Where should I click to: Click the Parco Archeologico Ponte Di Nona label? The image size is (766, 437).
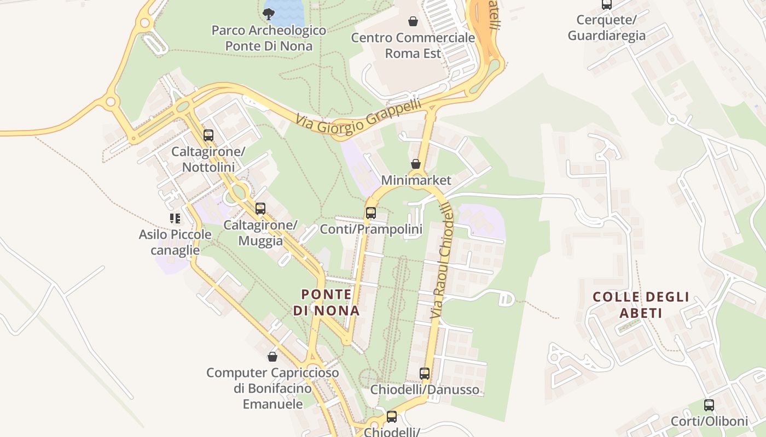[x=269, y=38]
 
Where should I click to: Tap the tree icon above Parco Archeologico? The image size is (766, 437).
[x=269, y=13]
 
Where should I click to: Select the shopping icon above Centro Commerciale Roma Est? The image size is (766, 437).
[x=413, y=21]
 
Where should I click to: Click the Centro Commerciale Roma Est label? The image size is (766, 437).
[x=413, y=45]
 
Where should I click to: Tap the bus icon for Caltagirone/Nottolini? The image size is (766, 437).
[x=208, y=135]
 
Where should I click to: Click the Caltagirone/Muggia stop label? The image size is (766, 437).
[x=260, y=233]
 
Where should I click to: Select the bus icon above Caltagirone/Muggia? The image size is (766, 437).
[x=260, y=208]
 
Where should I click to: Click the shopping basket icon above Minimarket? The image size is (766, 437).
[x=416, y=164]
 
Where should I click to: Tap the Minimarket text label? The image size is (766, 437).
[x=416, y=180]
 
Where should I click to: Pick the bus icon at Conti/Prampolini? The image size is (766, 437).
[x=371, y=213]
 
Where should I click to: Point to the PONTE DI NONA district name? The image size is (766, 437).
[x=327, y=303]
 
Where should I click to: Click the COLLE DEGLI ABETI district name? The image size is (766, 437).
[x=641, y=305]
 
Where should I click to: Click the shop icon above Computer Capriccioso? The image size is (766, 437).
[x=272, y=357]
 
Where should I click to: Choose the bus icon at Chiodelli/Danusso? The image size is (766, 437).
[x=425, y=374]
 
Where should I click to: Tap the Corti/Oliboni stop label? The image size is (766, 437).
[x=709, y=421]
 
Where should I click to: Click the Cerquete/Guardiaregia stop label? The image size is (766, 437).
[x=606, y=28]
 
